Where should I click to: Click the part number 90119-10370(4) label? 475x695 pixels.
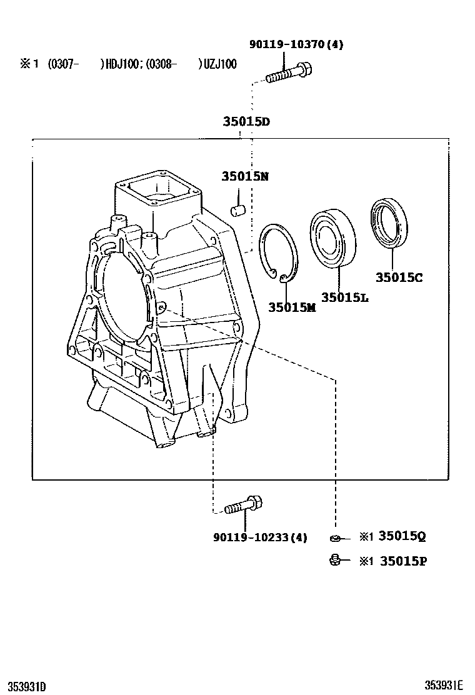coord(296,44)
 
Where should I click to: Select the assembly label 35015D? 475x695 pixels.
coord(246,122)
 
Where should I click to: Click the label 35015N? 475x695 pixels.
coord(245,176)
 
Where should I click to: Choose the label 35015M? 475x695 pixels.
coord(292,307)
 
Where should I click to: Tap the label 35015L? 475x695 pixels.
coord(344,297)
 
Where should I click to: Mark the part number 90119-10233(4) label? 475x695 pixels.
coord(260,537)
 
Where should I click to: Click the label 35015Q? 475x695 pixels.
coord(402,536)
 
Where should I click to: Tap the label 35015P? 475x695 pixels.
coord(402,561)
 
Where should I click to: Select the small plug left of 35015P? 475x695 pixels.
coord(335,560)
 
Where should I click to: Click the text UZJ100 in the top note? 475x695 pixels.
coord(220,64)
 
